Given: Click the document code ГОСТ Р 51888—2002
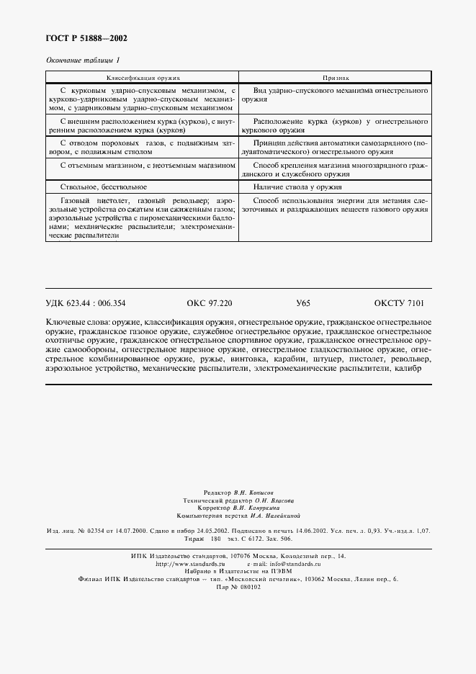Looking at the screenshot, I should (x=81, y=39).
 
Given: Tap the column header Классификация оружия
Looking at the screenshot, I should (x=143, y=76).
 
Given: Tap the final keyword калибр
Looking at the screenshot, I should (x=408, y=369).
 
